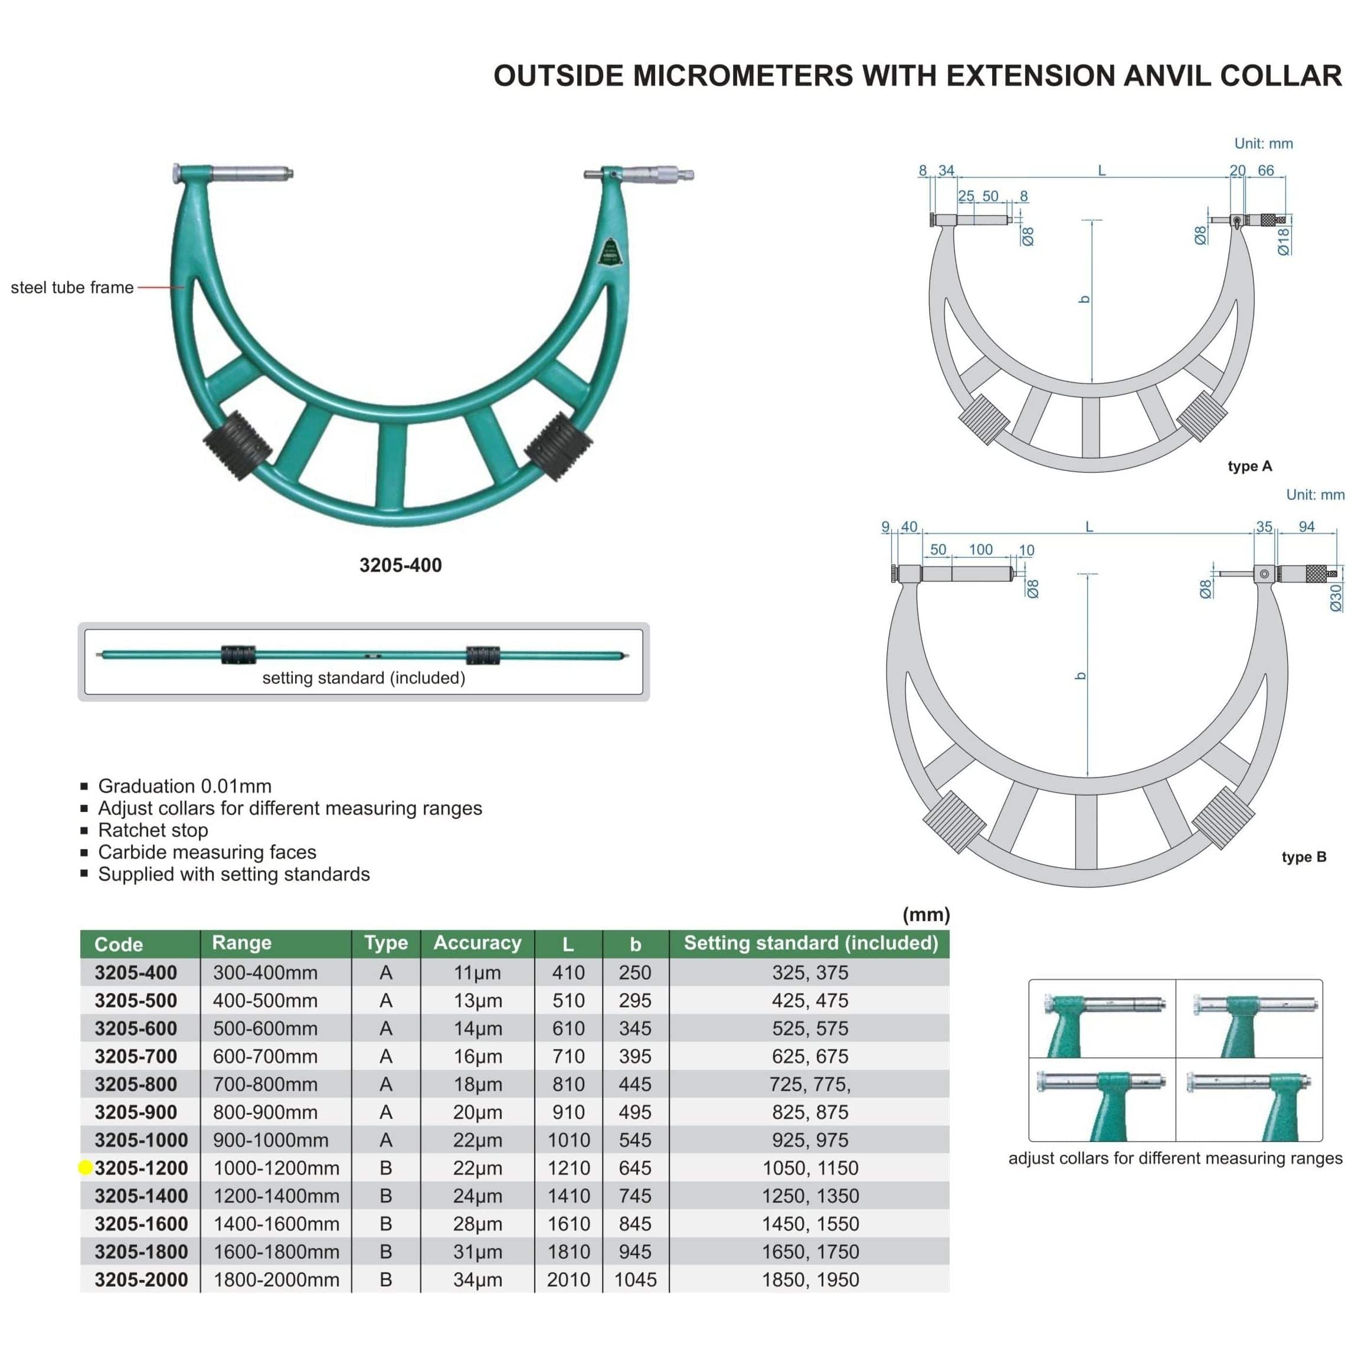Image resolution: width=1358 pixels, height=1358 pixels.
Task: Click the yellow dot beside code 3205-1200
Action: pos(85,1167)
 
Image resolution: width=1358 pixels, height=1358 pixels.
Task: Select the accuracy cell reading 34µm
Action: pos(477,1280)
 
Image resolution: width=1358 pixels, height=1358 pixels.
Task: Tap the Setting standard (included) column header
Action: pos(810,943)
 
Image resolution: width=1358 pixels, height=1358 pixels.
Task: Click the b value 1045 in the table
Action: pos(636,1280)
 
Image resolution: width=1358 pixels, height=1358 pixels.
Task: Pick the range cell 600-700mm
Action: pos(265,1056)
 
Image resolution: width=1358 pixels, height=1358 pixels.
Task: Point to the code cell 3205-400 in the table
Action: pos(136,972)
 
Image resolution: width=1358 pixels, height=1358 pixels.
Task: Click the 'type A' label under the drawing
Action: pos(1250,466)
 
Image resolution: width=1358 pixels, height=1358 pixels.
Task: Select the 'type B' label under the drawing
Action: pos(1304,857)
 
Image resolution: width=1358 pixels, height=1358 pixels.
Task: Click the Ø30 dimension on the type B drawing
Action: pos(1336,597)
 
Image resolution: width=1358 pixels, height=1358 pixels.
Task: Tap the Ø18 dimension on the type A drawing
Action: pos(1284,241)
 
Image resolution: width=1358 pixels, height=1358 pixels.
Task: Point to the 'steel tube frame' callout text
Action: pos(71,287)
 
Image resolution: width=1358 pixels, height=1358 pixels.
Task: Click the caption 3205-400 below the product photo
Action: pos(401,565)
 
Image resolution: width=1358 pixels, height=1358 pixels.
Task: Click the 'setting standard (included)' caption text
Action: pos(364,678)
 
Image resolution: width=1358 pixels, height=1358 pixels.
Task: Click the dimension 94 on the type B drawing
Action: pos(1306,526)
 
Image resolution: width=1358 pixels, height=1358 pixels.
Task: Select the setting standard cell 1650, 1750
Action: pos(810,1251)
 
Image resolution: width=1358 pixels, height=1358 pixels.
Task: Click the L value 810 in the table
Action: pos(568,1084)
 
